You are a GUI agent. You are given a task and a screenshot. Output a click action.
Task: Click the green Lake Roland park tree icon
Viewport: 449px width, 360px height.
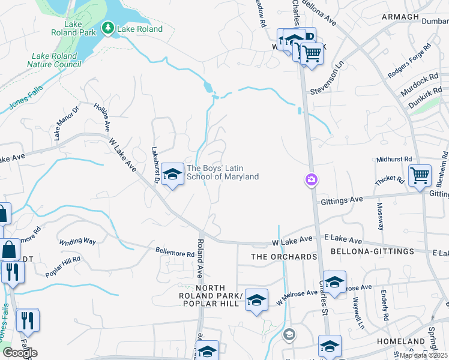(x=108, y=28)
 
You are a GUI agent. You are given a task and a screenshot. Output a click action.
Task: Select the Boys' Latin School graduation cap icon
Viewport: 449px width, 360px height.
(x=173, y=175)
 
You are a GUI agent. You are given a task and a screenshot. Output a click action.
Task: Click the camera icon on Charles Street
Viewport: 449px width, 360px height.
(x=311, y=179)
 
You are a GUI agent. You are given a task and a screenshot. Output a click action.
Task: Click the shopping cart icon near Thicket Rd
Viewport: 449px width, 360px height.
(x=420, y=176)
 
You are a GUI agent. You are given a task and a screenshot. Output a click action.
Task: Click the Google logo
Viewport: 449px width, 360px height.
(x=20, y=353)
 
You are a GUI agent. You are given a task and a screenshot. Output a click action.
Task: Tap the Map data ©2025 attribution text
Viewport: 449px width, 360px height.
(x=423, y=355)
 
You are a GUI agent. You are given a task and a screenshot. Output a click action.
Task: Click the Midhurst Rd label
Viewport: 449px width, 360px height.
(x=394, y=159)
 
